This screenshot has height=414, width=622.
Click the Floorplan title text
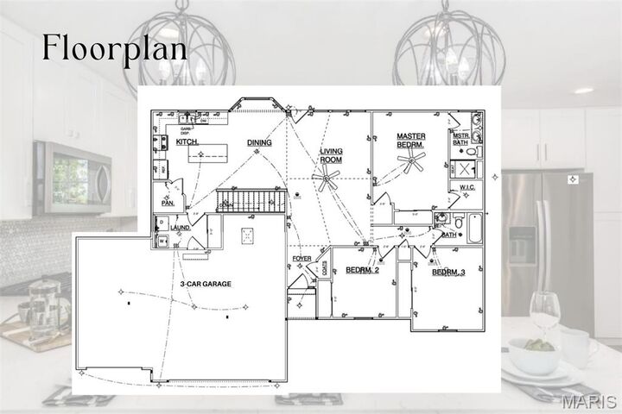coord(115,48)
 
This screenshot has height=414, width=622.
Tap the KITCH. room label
coord(188,141)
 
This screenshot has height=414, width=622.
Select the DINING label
coord(259,142)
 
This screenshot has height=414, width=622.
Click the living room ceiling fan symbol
coord(327,181)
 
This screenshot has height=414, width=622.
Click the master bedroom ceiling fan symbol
coord(410,160)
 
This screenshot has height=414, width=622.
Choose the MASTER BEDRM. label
coord(411,141)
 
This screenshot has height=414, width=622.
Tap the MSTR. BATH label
coord(461,139)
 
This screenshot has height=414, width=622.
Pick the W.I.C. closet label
coord(467,186)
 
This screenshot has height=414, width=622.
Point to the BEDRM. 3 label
coord(448,273)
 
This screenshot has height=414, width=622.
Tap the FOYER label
coord(301,258)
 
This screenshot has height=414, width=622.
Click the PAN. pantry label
coord(168,204)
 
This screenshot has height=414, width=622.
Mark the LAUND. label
coord(181,228)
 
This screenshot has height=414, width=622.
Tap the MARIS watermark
coord(588,402)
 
